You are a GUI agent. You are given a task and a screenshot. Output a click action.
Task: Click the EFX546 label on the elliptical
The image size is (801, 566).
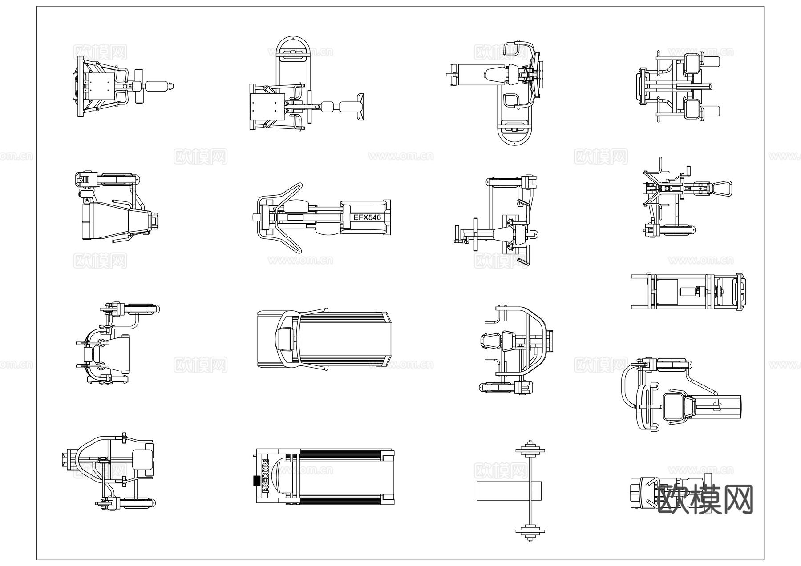[x=367, y=217]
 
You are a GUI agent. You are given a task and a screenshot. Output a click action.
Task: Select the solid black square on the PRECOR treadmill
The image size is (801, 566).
[x=256, y=481]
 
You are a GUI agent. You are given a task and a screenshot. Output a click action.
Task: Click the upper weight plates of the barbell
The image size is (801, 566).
[x=530, y=450]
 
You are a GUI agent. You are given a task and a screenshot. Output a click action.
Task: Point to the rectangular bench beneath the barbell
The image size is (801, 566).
[x=509, y=490]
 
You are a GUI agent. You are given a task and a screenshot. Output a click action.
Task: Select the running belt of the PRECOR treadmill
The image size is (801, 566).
[x=340, y=477]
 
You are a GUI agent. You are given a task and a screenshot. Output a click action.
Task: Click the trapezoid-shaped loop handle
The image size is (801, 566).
[x=722, y=188]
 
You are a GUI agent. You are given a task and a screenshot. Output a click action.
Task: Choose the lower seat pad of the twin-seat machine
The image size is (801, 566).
[x=692, y=108]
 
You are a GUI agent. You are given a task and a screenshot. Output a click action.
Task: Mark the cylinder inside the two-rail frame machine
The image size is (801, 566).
[x=688, y=292]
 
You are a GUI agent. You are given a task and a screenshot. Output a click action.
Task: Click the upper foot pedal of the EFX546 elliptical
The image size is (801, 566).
[x=295, y=206]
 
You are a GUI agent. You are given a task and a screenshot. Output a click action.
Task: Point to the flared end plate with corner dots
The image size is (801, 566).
[x=360, y=107]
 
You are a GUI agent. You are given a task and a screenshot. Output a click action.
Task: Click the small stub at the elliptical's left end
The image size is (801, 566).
[x=256, y=217]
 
